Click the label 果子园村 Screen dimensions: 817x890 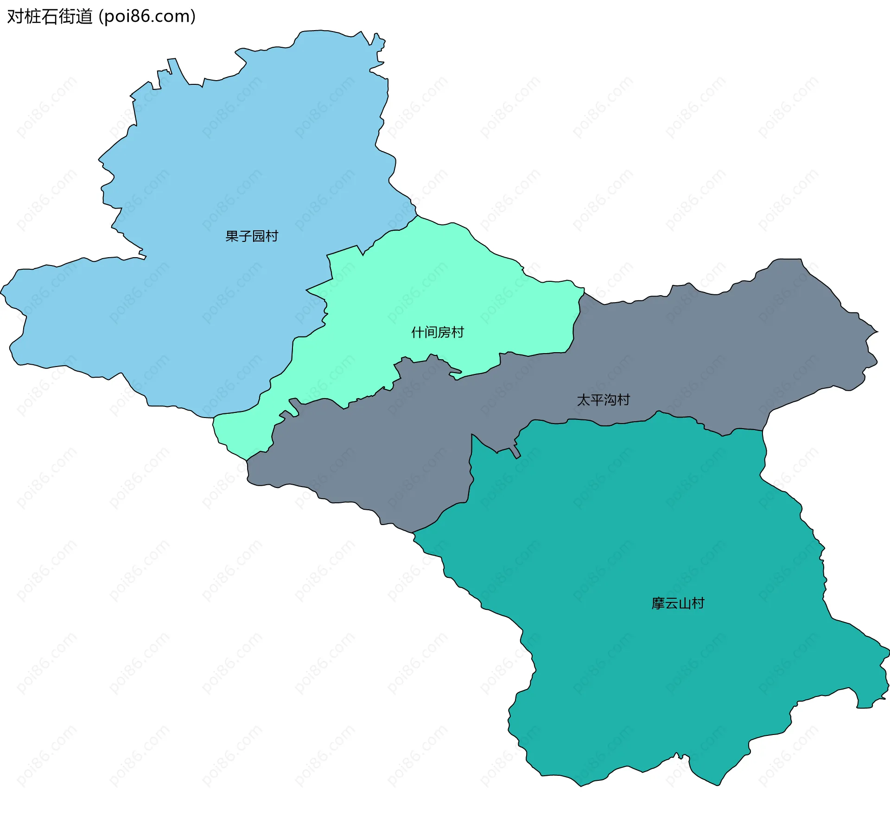(252, 236)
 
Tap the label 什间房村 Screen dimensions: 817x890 (438, 332)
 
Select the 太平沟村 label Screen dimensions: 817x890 (603, 400)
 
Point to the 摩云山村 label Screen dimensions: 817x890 (678, 603)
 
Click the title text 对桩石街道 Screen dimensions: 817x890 (50, 17)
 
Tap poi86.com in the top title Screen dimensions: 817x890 (147, 17)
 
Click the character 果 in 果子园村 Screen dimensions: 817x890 (232, 236)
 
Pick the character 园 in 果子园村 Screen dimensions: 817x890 (259, 236)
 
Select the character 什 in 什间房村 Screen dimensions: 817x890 (418, 332)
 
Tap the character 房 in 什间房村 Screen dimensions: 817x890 (445, 332)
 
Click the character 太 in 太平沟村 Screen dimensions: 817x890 (583, 400)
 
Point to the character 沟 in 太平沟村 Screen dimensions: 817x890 (610, 400)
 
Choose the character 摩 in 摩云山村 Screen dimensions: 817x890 (658, 603)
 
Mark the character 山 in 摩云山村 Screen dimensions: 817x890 (685, 603)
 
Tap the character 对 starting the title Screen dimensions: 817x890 (15, 17)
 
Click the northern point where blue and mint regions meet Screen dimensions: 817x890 (418, 216)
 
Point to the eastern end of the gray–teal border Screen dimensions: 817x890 (763, 431)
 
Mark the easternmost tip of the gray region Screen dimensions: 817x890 (877, 331)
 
